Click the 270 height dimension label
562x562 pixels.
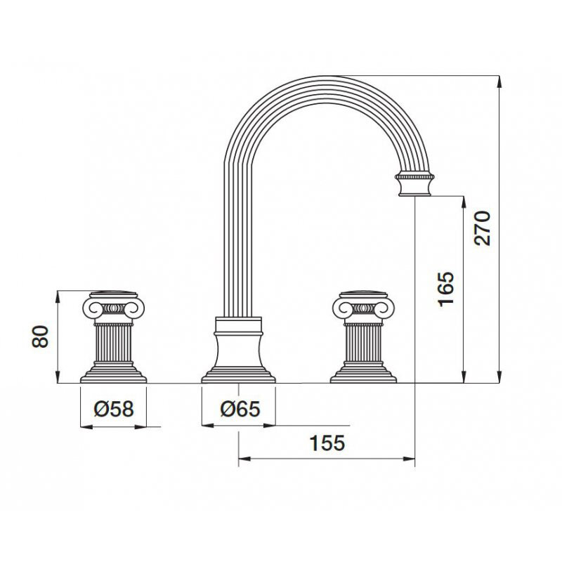click(482, 228)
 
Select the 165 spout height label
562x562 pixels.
click(446, 289)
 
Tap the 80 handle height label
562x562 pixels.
click(40, 336)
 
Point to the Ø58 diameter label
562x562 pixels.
click(114, 409)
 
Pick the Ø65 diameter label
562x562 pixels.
click(240, 409)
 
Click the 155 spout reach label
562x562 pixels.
click(327, 443)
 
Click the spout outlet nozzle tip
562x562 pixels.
click(414, 195)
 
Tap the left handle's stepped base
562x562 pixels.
click(113, 373)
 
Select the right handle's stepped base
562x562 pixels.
click(363, 373)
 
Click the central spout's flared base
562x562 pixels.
click(238, 358)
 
